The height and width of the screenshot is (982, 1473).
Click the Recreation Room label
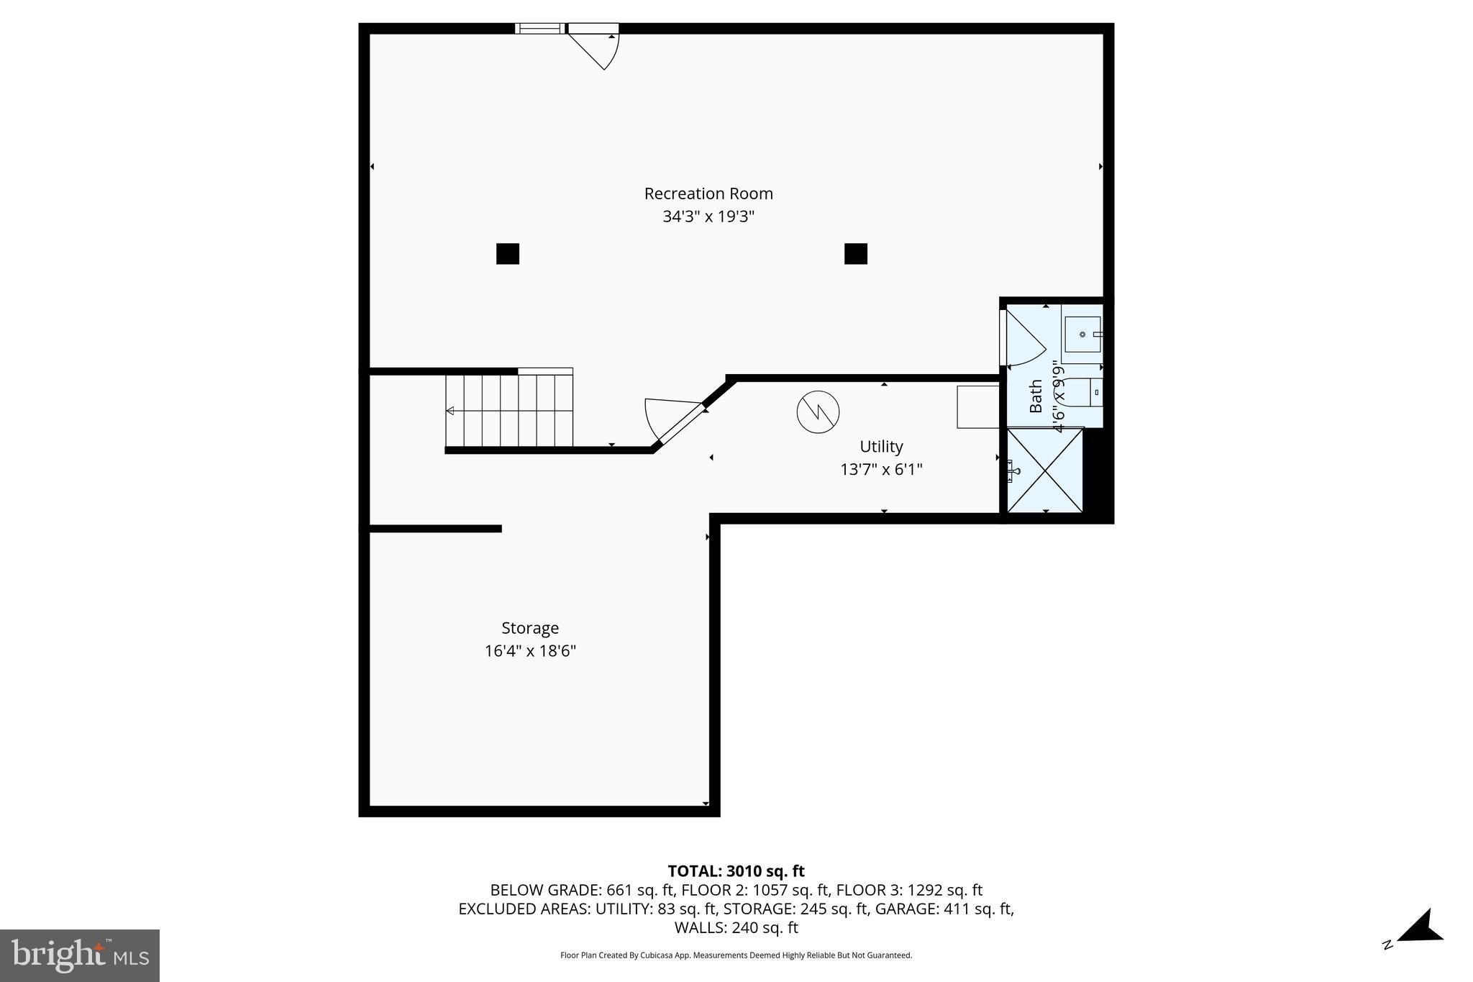[708, 194]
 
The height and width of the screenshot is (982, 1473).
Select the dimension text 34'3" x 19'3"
[708, 217]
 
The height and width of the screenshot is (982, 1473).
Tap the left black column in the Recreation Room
[508, 254]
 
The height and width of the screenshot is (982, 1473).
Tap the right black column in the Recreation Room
[855, 254]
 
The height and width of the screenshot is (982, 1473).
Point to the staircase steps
[509, 411]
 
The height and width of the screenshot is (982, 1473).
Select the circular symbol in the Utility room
[818, 412]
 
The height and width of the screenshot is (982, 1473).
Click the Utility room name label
[881, 447]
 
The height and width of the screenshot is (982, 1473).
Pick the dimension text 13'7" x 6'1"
[881, 470]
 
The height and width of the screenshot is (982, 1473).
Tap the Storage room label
[530, 628]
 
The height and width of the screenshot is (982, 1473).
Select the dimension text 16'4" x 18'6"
[530, 651]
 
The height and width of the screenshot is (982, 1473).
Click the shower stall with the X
[1045, 470]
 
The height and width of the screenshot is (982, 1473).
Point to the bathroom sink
[1082, 335]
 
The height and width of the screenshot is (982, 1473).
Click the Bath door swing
[1023, 340]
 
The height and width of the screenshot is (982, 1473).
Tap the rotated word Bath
[1036, 396]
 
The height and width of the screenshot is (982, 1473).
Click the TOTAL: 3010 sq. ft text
[736, 871]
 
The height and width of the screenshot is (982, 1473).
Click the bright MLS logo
[80, 955]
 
